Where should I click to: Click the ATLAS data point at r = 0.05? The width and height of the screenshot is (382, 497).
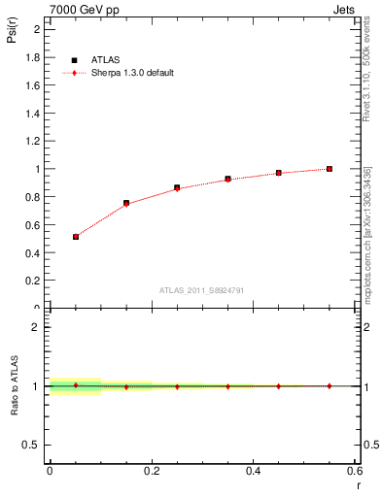pyautogui.click(x=76, y=236)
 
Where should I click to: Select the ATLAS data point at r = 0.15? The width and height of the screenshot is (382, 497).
pyautogui.click(x=126, y=203)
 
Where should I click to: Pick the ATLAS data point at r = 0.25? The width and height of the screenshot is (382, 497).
pyautogui.click(x=177, y=187)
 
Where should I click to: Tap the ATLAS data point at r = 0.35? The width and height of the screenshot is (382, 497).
pyautogui.click(x=227, y=179)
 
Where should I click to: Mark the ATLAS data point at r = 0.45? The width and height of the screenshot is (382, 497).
pyautogui.click(x=279, y=173)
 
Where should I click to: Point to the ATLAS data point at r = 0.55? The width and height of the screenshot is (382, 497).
pyautogui.click(x=330, y=169)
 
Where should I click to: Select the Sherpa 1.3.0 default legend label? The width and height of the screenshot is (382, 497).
pyautogui.click(x=133, y=73)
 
